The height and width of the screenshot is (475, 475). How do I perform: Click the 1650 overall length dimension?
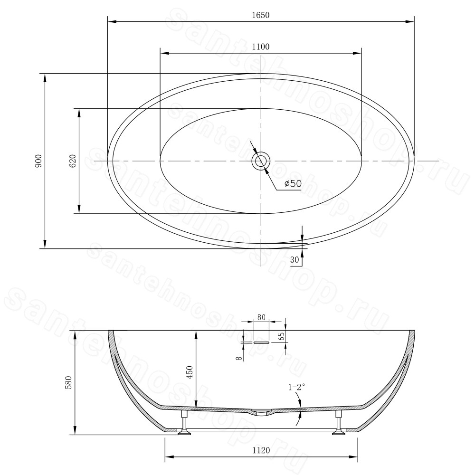click(260, 15)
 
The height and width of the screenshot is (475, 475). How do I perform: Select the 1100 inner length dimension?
click(261, 47)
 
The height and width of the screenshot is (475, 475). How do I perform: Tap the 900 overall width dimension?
click(38, 161)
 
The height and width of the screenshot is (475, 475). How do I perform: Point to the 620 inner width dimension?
click(73, 161)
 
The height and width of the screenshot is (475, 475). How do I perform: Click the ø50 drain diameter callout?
click(293, 183)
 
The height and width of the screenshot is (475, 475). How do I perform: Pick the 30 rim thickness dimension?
click(294, 260)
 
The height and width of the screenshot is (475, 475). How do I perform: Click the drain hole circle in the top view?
click(261, 161)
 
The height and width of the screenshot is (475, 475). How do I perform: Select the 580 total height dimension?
click(68, 382)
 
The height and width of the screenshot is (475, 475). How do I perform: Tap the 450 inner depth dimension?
click(190, 372)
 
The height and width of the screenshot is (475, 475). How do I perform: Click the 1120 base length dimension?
click(261, 450)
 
